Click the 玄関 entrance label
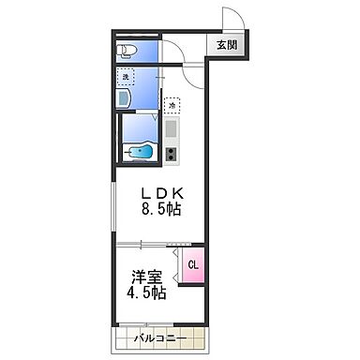[228, 43]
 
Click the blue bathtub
[142, 148]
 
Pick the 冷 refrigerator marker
[172, 105]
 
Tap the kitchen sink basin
[172, 128]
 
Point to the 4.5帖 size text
[144, 294]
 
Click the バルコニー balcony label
[158, 338]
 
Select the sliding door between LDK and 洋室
[155, 242]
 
